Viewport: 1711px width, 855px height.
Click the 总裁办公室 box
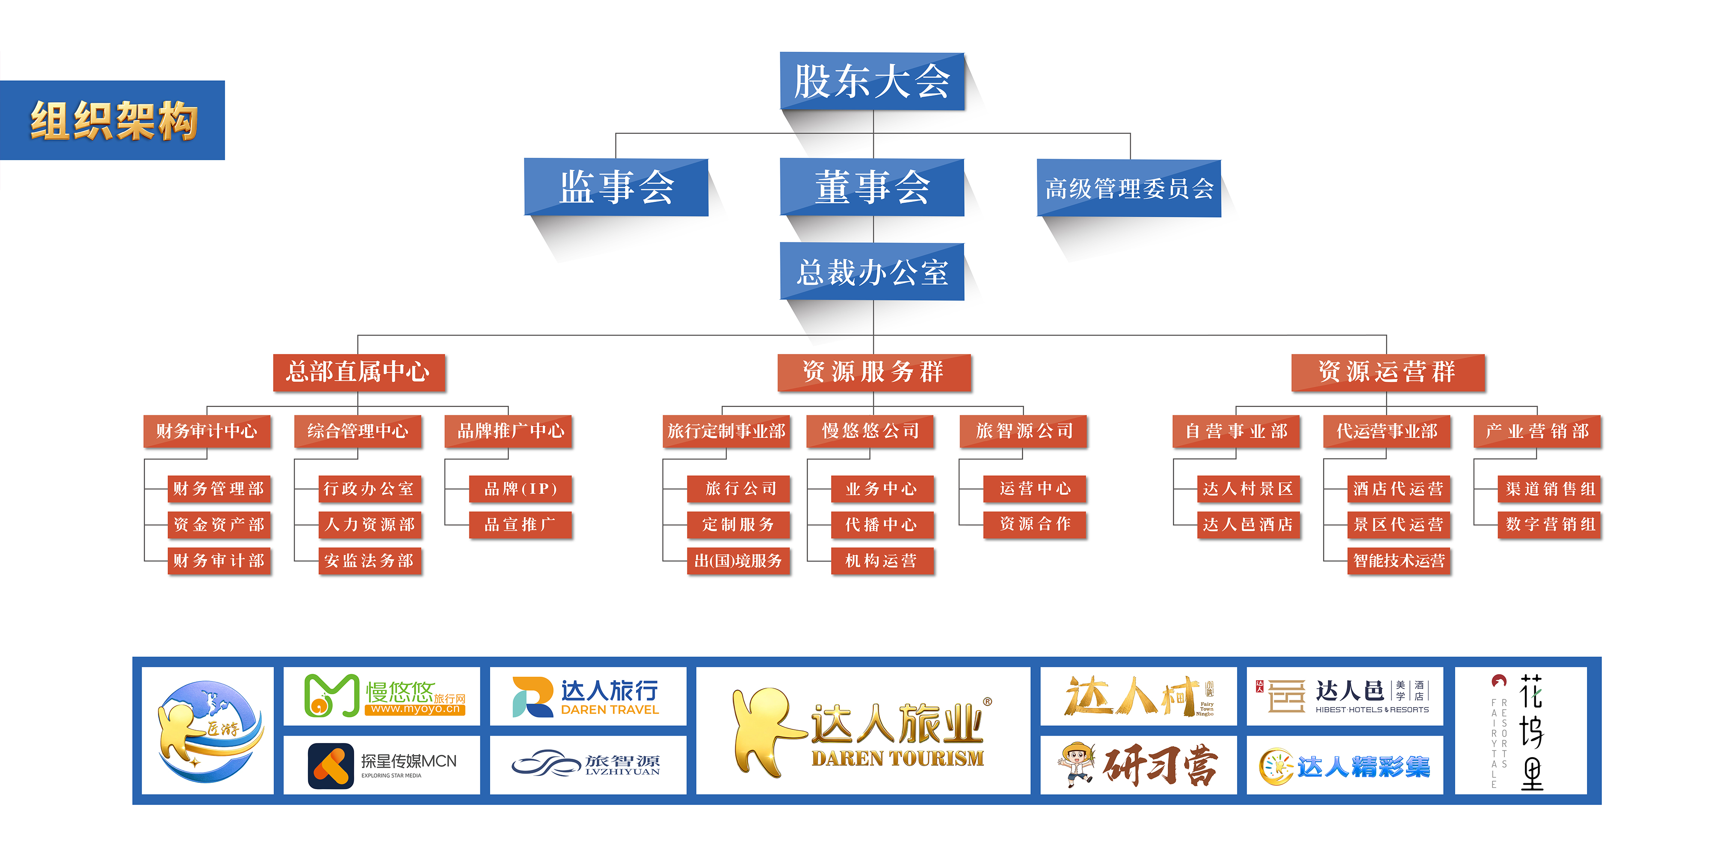(872, 272)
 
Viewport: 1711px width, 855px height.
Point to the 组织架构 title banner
(113, 120)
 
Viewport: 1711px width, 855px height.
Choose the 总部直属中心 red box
(359, 372)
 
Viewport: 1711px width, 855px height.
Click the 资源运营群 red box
(1388, 372)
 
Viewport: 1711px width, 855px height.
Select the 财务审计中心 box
(207, 431)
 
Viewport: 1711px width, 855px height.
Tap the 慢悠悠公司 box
(870, 431)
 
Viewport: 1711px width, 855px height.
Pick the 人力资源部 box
(370, 525)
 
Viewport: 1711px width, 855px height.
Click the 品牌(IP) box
(521, 489)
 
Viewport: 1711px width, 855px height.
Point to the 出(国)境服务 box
(739, 561)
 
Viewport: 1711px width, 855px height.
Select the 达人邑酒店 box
(1248, 525)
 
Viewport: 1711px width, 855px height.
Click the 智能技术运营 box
(1399, 561)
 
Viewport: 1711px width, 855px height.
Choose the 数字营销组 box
(1550, 525)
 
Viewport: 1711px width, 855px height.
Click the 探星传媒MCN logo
(382, 765)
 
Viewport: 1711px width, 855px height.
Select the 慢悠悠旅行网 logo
(382, 696)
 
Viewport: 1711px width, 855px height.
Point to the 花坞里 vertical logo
(1520, 731)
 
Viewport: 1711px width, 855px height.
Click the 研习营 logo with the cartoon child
(1138, 765)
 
